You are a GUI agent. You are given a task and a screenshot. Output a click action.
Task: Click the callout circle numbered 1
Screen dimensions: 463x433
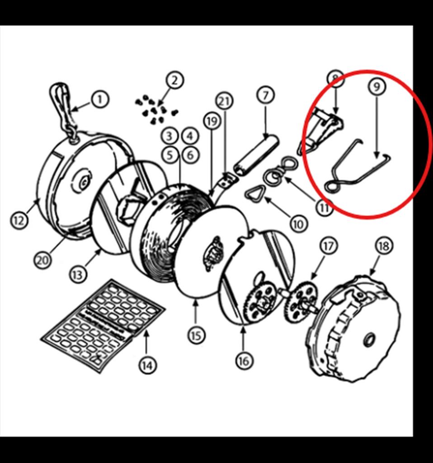[x=100, y=99]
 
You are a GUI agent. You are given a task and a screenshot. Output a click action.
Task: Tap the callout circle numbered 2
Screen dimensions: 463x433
[x=174, y=80]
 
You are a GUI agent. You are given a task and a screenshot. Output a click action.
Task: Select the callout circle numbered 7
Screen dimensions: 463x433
[x=265, y=95]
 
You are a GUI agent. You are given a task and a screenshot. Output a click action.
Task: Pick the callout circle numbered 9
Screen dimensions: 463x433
[x=377, y=86]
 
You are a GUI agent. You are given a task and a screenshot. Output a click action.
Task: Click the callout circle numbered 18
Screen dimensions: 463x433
[x=383, y=246]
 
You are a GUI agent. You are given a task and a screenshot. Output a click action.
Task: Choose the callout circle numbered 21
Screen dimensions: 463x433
[x=224, y=101]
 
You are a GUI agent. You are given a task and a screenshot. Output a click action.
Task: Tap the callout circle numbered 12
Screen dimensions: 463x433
[x=18, y=221]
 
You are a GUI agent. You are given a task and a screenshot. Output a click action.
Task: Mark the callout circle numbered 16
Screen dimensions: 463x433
[x=243, y=360]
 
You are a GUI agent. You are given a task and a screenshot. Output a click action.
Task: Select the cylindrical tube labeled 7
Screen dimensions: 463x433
[x=256, y=154]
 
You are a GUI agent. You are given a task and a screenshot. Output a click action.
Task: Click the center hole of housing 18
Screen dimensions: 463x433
[x=369, y=339]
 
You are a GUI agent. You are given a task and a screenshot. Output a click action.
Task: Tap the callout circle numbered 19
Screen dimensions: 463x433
[x=211, y=121]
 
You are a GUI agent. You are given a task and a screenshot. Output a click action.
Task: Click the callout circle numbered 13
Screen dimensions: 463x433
[x=78, y=274]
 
